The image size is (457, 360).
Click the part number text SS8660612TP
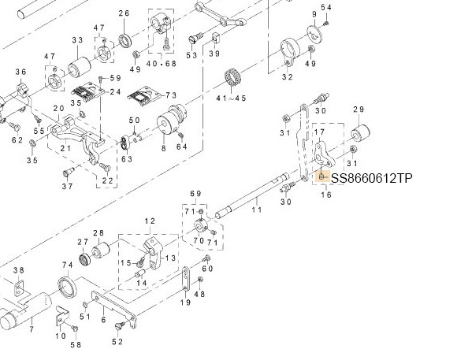(371, 179)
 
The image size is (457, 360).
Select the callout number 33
(77, 40)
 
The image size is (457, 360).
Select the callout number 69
(197, 193)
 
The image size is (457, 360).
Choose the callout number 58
(76, 345)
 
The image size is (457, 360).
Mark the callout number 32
(287, 77)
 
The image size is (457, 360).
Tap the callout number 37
(67, 186)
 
